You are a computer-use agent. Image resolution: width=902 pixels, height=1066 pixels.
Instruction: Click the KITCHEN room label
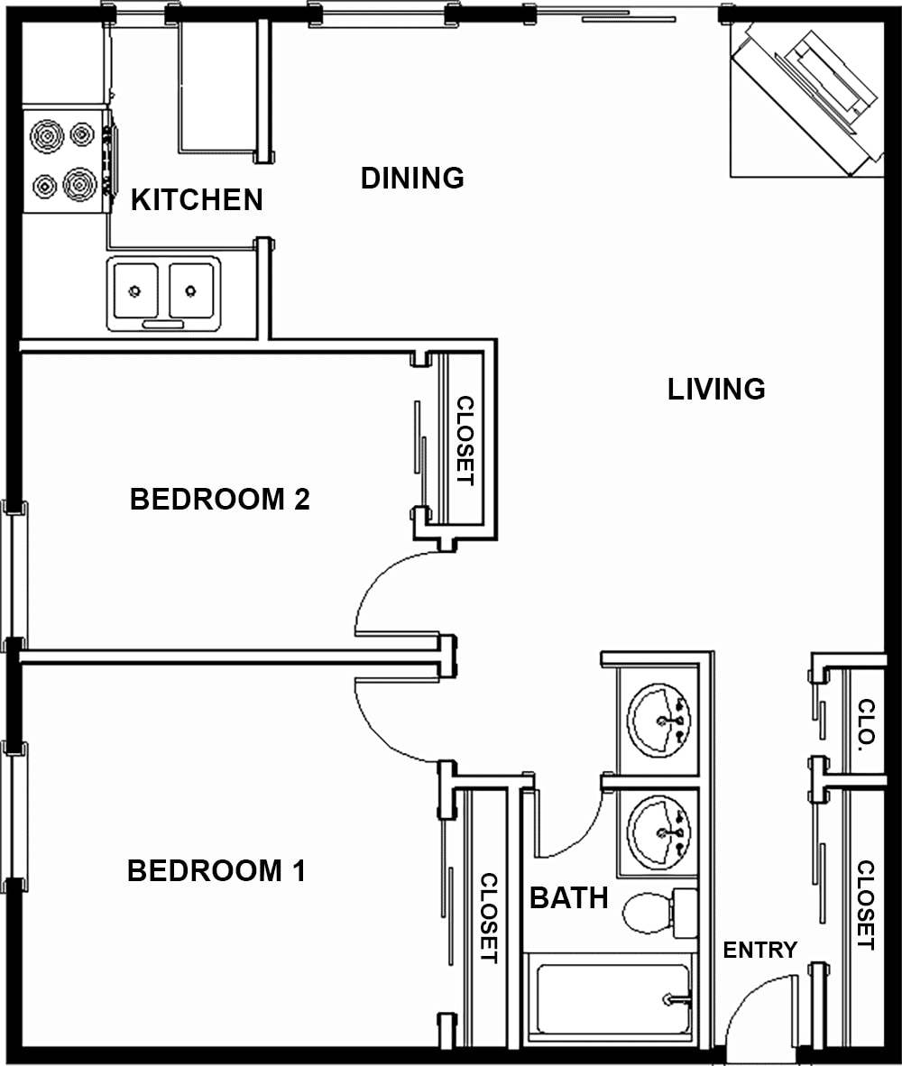tap(197, 199)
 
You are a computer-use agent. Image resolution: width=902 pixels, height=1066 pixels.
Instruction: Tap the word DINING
tap(412, 178)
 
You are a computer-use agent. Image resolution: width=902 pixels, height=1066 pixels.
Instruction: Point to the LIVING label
tap(716, 389)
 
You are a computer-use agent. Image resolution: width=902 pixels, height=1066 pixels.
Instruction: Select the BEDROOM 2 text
tap(220, 499)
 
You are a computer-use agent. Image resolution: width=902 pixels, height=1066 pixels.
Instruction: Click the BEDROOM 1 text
tap(216, 871)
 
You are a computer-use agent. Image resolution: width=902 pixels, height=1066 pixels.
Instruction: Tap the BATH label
tap(568, 898)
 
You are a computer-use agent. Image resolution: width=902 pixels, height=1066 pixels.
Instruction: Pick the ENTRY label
tap(759, 950)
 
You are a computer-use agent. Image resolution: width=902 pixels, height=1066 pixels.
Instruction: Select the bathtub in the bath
tap(613, 999)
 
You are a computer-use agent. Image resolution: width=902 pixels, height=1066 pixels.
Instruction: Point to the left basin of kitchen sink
tap(135, 290)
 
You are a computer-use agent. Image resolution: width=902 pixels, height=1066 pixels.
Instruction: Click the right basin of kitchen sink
tap(190, 290)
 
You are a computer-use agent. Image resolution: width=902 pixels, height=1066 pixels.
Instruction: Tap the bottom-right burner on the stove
tap(80, 185)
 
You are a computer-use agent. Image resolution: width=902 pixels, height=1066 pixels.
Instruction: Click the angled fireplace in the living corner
tap(807, 99)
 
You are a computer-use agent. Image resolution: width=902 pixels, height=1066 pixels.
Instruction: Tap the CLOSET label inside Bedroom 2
tap(464, 440)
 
